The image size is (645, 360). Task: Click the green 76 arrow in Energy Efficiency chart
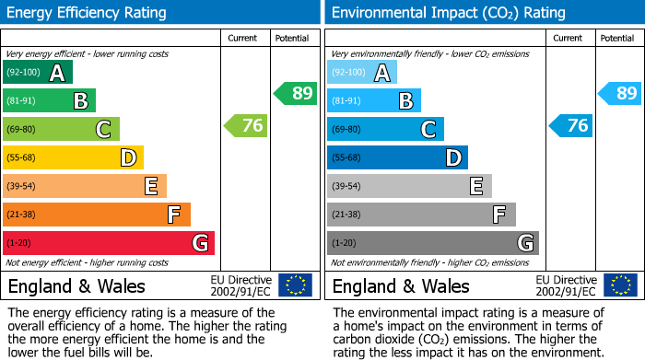tap(247, 126)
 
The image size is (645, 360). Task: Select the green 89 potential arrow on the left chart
tap(296, 93)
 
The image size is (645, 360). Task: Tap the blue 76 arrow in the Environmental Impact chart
tap(571, 126)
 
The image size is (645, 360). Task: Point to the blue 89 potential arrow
tap(620, 93)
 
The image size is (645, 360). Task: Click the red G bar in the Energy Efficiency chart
tap(109, 243)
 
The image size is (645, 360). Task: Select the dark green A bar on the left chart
tap(38, 72)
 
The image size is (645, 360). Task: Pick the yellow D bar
tap(73, 157)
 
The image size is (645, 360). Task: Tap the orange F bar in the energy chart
tap(97, 215)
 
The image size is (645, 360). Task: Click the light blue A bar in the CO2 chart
tap(362, 72)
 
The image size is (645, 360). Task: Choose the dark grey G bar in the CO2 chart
tap(433, 243)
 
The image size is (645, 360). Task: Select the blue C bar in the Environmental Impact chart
tap(385, 129)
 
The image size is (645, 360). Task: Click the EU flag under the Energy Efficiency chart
tap(296, 285)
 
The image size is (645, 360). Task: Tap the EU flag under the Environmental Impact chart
tap(620, 285)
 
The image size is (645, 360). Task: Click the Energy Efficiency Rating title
tap(88, 13)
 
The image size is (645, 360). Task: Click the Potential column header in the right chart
tap(617, 38)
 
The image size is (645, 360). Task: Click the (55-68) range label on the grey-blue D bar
tap(346, 157)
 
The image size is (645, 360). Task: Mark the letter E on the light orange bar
tap(150, 187)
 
